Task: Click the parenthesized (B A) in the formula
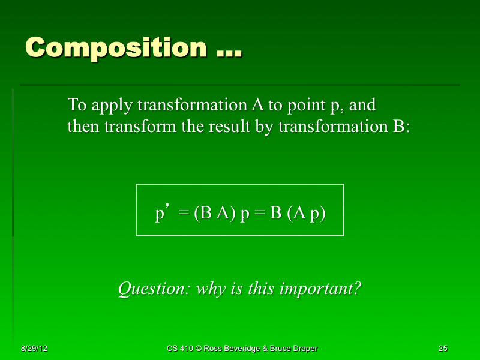215,214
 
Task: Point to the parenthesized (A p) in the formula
306,214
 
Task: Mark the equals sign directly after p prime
184,214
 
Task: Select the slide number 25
443,349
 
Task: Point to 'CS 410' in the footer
179,349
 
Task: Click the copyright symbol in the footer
197,349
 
